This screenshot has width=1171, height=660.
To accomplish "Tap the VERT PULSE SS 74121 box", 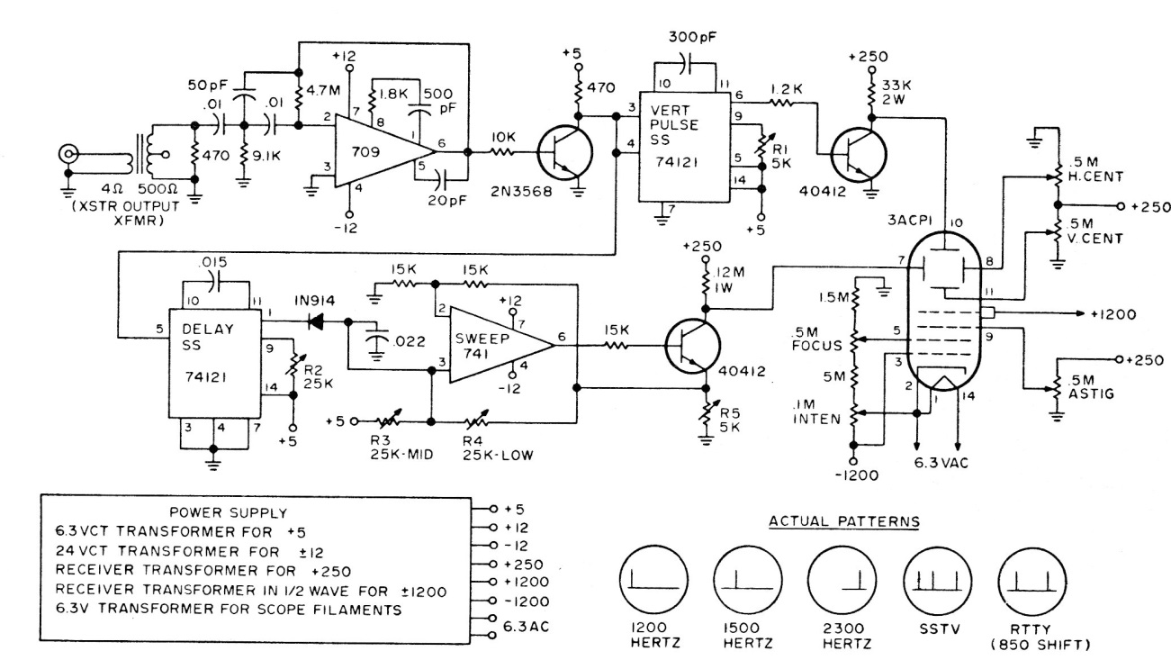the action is [x=684, y=147].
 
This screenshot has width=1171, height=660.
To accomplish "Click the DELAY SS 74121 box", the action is [x=214, y=364].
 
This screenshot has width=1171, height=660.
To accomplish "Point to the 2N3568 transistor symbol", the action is [x=565, y=153].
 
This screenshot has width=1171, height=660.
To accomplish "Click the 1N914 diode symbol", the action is [x=316, y=321].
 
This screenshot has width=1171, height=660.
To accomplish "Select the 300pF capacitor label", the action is [x=693, y=37].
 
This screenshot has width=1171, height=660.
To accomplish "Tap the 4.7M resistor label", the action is [x=323, y=90].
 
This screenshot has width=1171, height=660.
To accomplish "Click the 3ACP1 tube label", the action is [x=910, y=221].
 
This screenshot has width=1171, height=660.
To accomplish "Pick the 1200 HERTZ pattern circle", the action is [x=654, y=580].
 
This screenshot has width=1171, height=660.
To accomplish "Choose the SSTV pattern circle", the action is [x=938, y=580].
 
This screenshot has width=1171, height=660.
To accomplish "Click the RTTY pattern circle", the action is [x=1031, y=580].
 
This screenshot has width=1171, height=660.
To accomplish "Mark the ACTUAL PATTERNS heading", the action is [x=843, y=522].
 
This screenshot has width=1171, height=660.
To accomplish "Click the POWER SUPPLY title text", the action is [x=229, y=513].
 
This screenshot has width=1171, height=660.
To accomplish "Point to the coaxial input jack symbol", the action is [x=68, y=154].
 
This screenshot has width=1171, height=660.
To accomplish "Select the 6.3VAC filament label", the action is [x=941, y=463].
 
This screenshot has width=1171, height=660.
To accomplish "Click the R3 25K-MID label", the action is [x=401, y=448].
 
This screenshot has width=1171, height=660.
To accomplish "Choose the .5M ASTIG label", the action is [x=1091, y=387].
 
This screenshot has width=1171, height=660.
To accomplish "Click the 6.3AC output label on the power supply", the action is [x=526, y=627].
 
